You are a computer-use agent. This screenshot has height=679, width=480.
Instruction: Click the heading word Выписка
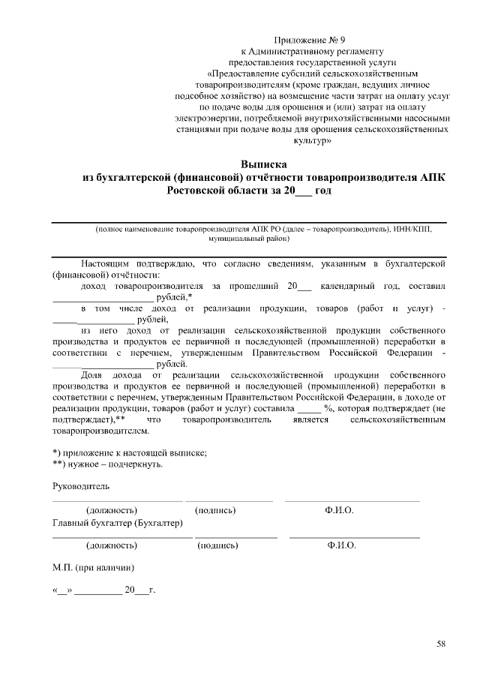pos(264,164)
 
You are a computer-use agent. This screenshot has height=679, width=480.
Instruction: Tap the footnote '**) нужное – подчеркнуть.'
pos(106,463)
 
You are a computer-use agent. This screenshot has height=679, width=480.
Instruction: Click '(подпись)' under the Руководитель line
pos(215,510)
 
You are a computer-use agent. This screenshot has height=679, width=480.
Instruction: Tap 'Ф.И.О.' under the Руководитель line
pos(340,510)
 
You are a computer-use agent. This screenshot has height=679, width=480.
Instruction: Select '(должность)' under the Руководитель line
pos(112,510)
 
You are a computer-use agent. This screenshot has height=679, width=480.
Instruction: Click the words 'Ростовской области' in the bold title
pos(214,191)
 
